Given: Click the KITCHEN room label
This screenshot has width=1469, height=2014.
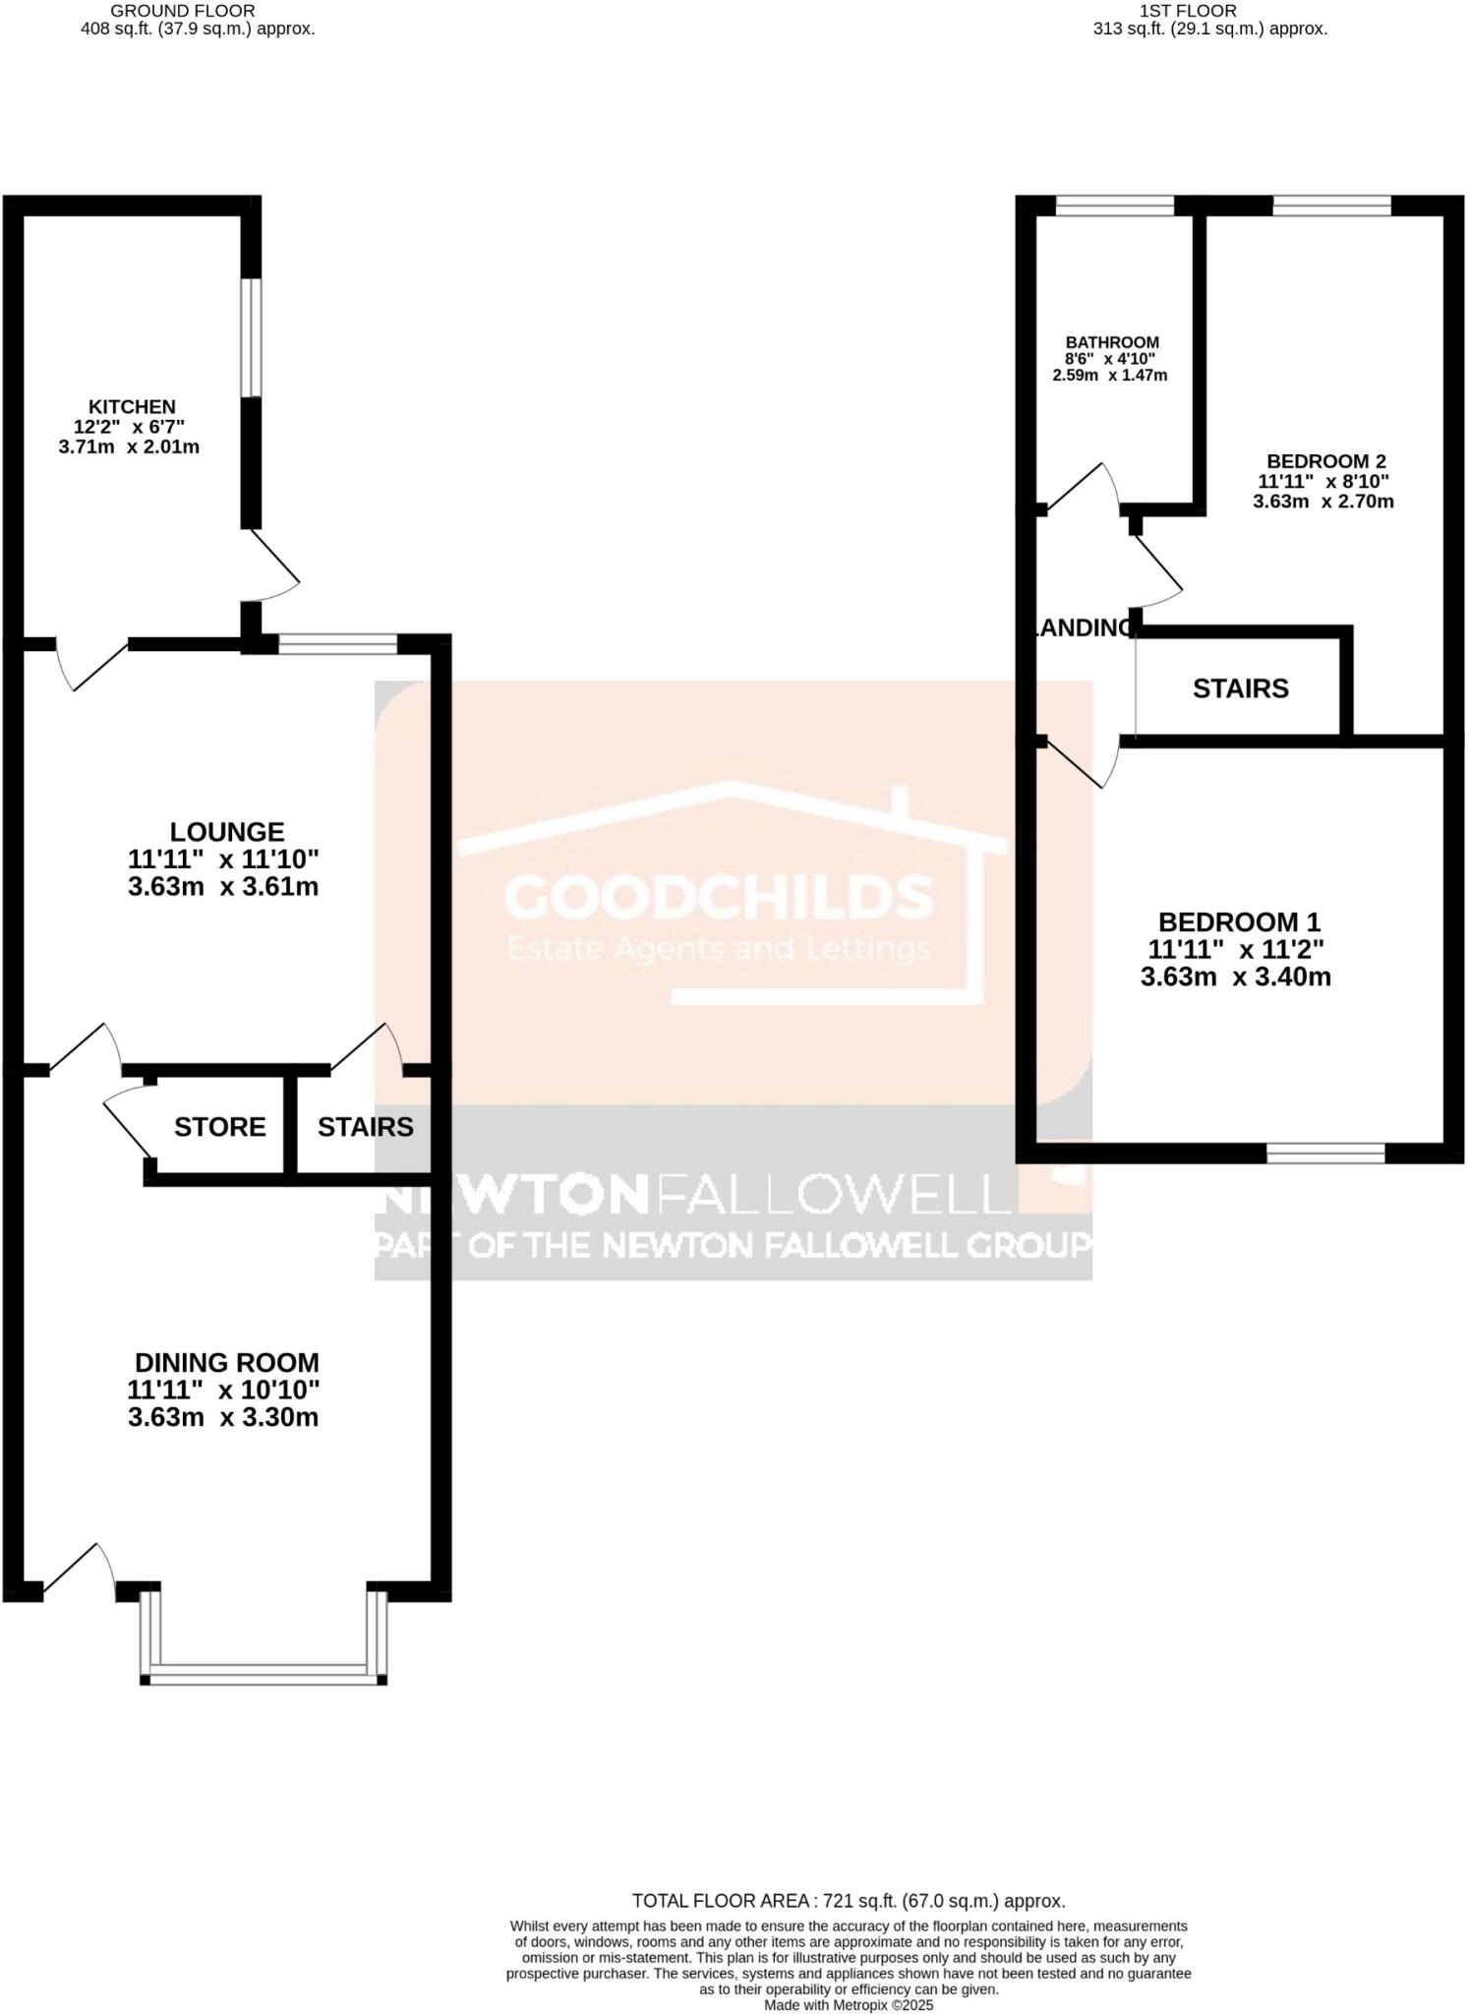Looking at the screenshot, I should (x=132, y=407).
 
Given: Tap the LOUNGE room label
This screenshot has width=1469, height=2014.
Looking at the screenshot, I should (x=226, y=832).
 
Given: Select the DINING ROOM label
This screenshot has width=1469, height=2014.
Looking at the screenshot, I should (x=226, y=1363).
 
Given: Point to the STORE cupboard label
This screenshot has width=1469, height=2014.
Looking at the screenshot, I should (x=219, y=1127).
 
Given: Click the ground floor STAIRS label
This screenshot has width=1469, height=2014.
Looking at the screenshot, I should (x=365, y=1127).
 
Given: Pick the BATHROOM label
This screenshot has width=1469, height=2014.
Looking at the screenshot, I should (x=1112, y=342).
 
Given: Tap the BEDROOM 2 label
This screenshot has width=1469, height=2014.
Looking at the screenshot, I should (x=1325, y=461).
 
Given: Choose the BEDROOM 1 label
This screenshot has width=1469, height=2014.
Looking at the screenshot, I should (x=1238, y=922).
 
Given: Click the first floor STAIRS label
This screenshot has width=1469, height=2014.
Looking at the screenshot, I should (x=1240, y=688).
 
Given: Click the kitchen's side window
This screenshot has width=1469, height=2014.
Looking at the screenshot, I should (x=253, y=338).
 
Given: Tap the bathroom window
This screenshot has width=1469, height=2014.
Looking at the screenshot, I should (x=1114, y=206).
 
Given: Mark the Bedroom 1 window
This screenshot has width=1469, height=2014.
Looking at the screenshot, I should (x=1325, y=1154).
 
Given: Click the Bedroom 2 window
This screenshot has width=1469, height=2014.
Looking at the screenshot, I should (x=1331, y=206).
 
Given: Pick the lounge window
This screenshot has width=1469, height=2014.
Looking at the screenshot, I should (x=337, y=644).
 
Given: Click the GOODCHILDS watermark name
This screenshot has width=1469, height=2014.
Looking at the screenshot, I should (x=718, y=896).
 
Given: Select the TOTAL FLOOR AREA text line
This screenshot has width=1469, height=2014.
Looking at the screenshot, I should (x=848, y=1901).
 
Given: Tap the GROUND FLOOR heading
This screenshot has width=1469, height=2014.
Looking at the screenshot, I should (x=182, y=11).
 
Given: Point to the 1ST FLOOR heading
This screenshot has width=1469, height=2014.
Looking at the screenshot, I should (x=1188, y=11).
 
